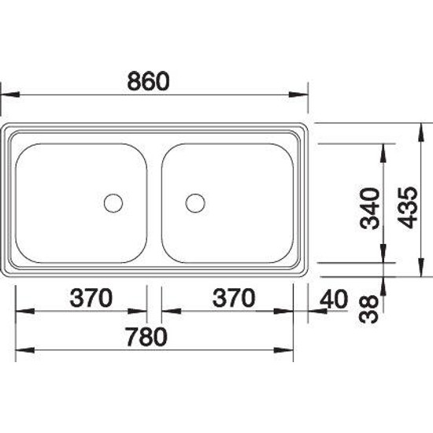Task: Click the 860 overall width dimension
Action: (148, 81)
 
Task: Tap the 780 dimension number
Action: (146, 337)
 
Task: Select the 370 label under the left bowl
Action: (91, 298)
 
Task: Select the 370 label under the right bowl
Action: (234, 298)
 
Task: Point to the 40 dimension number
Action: (334, 299)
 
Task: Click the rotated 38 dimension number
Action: (368, 309)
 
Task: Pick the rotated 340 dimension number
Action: (370, 209)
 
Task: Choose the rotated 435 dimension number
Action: (407, 208)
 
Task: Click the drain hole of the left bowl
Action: (113, 203)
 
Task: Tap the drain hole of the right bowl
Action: (195, 203)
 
